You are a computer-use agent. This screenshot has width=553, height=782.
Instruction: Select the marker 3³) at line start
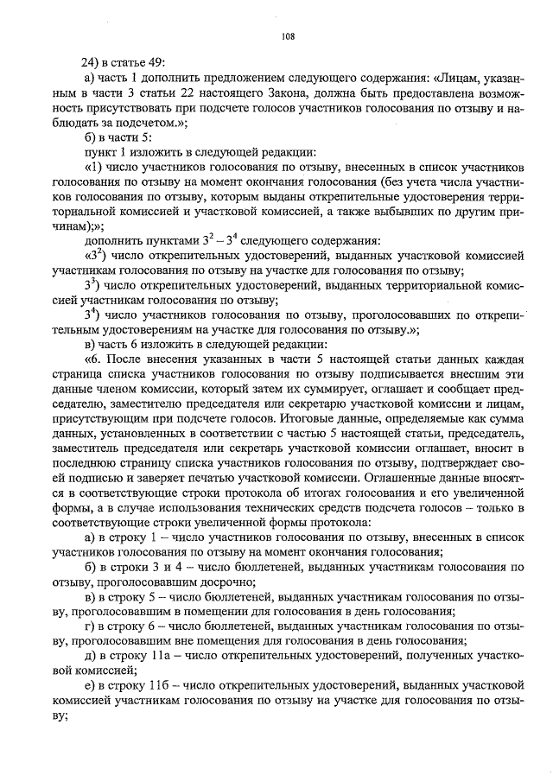[x=92, y=287]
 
